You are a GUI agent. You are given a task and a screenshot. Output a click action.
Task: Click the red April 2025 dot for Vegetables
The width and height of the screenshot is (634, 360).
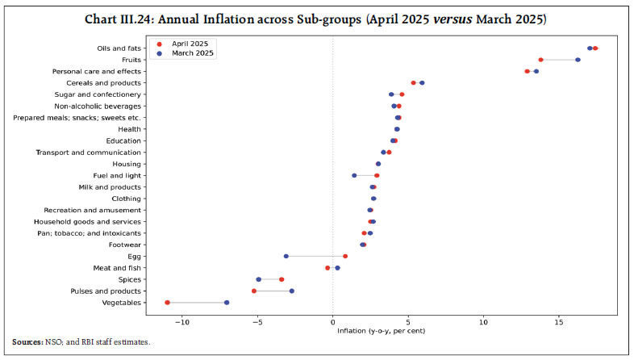tap(168, 303)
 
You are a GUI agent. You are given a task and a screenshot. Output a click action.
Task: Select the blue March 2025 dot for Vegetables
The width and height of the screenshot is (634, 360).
tap(227, 303)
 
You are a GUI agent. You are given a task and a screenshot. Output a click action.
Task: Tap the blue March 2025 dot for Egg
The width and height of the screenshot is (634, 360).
tap(286, 257)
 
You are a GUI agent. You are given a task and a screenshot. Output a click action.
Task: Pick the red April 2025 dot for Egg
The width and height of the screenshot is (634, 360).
tap(345, 257)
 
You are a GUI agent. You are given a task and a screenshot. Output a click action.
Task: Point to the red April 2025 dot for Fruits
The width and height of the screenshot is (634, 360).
tap(540, 60)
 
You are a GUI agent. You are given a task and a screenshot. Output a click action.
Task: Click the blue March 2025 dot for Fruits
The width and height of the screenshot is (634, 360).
tap(578, 60)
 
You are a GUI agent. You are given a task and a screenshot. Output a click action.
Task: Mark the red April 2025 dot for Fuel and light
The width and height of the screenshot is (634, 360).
tap(377, 175)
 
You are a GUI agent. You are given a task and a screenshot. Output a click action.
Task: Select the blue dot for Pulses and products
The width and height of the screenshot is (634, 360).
tap(292, 291)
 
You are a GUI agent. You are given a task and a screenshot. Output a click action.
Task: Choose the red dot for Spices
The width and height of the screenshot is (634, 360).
tap(282, 279)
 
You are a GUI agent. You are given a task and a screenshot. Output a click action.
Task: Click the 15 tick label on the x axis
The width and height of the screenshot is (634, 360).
tap(559, 321)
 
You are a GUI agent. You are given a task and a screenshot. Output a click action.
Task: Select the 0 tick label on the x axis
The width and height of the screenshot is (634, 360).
tap(333, 321)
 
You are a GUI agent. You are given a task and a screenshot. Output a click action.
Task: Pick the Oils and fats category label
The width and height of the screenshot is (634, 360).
tap(119, 48)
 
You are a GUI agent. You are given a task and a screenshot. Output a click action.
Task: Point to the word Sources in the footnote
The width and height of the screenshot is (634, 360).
tap(28, 342)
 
